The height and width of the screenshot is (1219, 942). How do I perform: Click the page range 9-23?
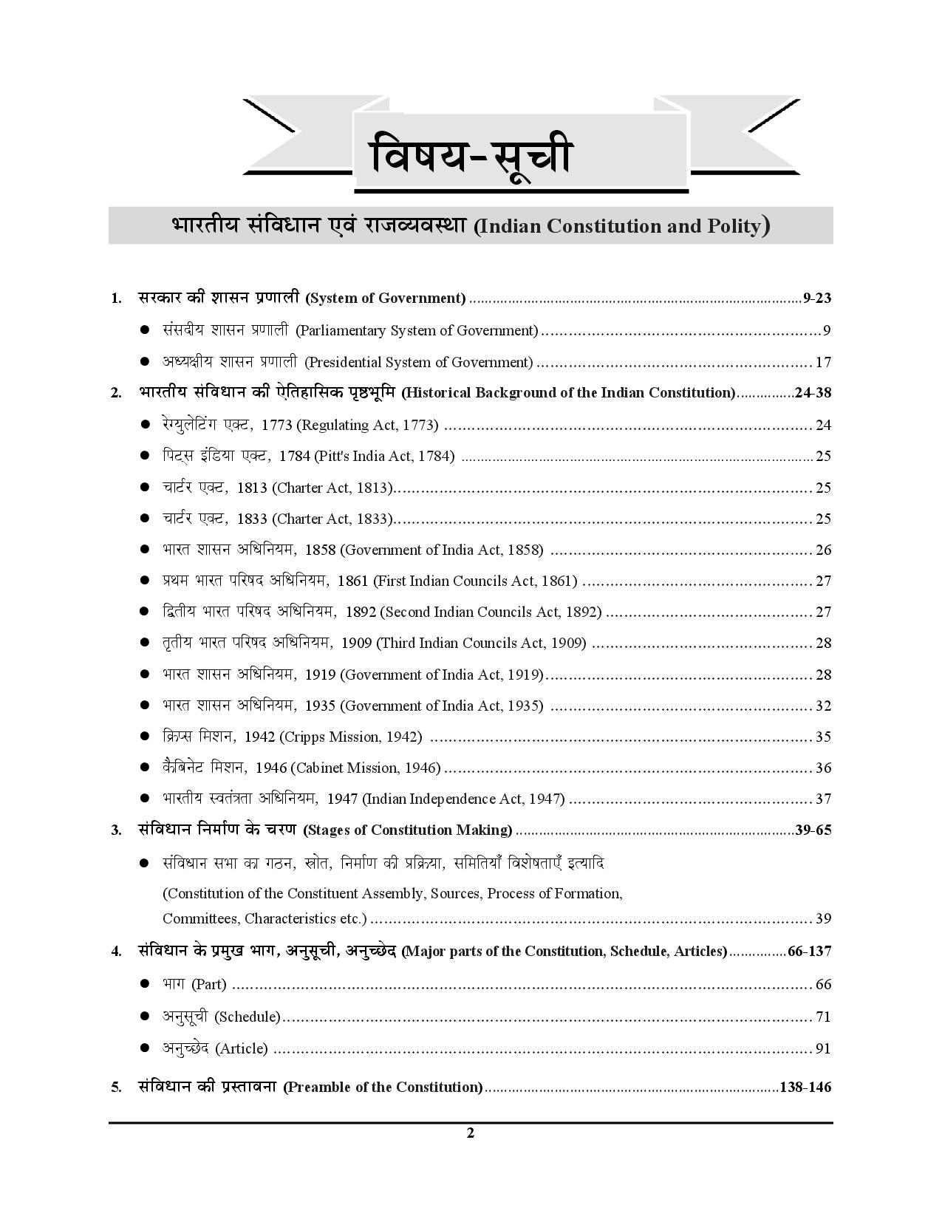[x=817, y=298]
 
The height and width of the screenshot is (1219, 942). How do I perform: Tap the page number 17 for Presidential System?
[x=823, y=362]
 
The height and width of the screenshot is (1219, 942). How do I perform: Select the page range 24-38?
[x=813, y=393]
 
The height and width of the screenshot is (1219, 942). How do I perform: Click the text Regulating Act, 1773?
[x=368, y=425]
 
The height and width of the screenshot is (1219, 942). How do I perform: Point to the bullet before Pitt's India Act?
[x=146, y=456]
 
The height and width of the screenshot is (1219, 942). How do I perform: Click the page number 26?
[x=823, y=550]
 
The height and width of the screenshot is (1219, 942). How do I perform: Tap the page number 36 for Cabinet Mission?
[x=823, y=768]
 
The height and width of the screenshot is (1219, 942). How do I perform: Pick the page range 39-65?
[x=813, y=830]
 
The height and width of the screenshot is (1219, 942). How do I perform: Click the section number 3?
[x=116, y=830]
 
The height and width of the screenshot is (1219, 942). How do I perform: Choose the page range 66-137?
[x=809, y=951]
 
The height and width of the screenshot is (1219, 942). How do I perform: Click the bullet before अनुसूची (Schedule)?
[x=146, y=1017]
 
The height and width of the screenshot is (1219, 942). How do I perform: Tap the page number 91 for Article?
[x=823, y=1048]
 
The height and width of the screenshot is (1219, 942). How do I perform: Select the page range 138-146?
[x=805, y=1087]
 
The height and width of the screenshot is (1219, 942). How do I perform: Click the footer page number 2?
[x=471, y=1133]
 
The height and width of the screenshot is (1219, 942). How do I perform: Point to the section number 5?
[x=116, y=1087]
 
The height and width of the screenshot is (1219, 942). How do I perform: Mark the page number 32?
[x=823, y=706]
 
